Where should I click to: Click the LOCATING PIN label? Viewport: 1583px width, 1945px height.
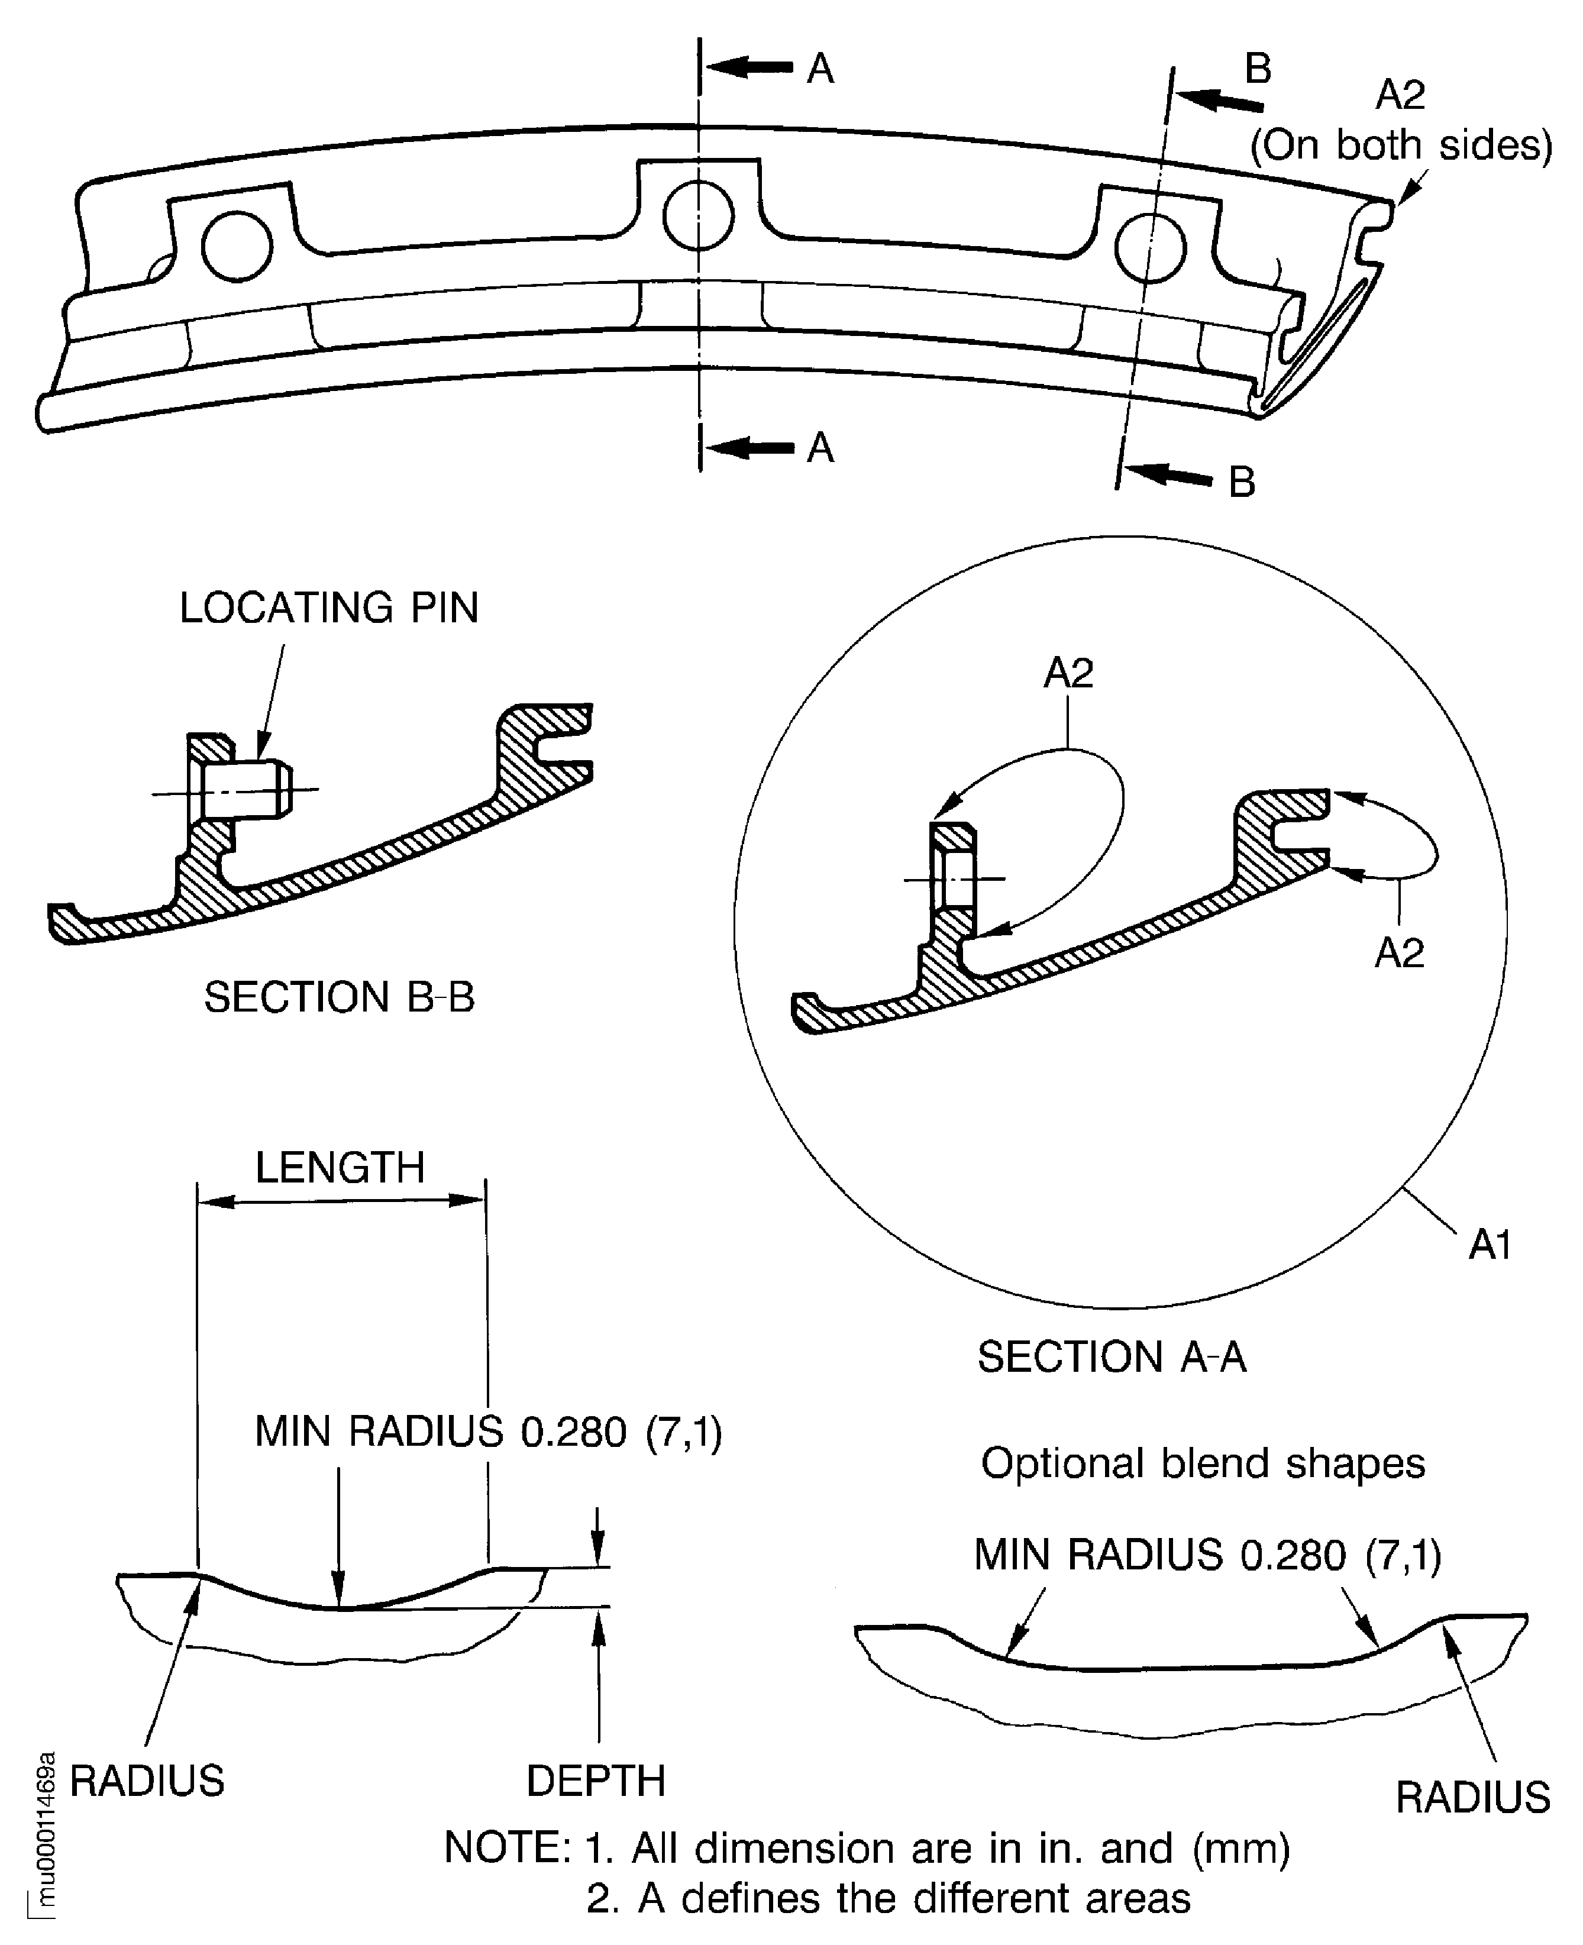(x=329, y=608)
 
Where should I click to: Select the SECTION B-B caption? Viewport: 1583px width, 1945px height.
(x=339, y=997)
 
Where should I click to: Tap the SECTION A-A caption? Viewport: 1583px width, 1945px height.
(x=1112, y=1357)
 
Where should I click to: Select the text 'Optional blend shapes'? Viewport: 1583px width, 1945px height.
(x=1203, y=1463)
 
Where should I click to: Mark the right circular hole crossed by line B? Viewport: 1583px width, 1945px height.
(x=1151, y=247)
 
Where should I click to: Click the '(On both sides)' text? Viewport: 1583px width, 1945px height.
(x=1401, y=145)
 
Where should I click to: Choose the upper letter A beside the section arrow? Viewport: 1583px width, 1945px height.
(x=820, y=69)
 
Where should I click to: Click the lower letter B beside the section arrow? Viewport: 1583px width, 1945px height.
(x=1242, y=482)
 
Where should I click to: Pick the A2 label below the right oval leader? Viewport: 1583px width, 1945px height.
(x=1399, y=953)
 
